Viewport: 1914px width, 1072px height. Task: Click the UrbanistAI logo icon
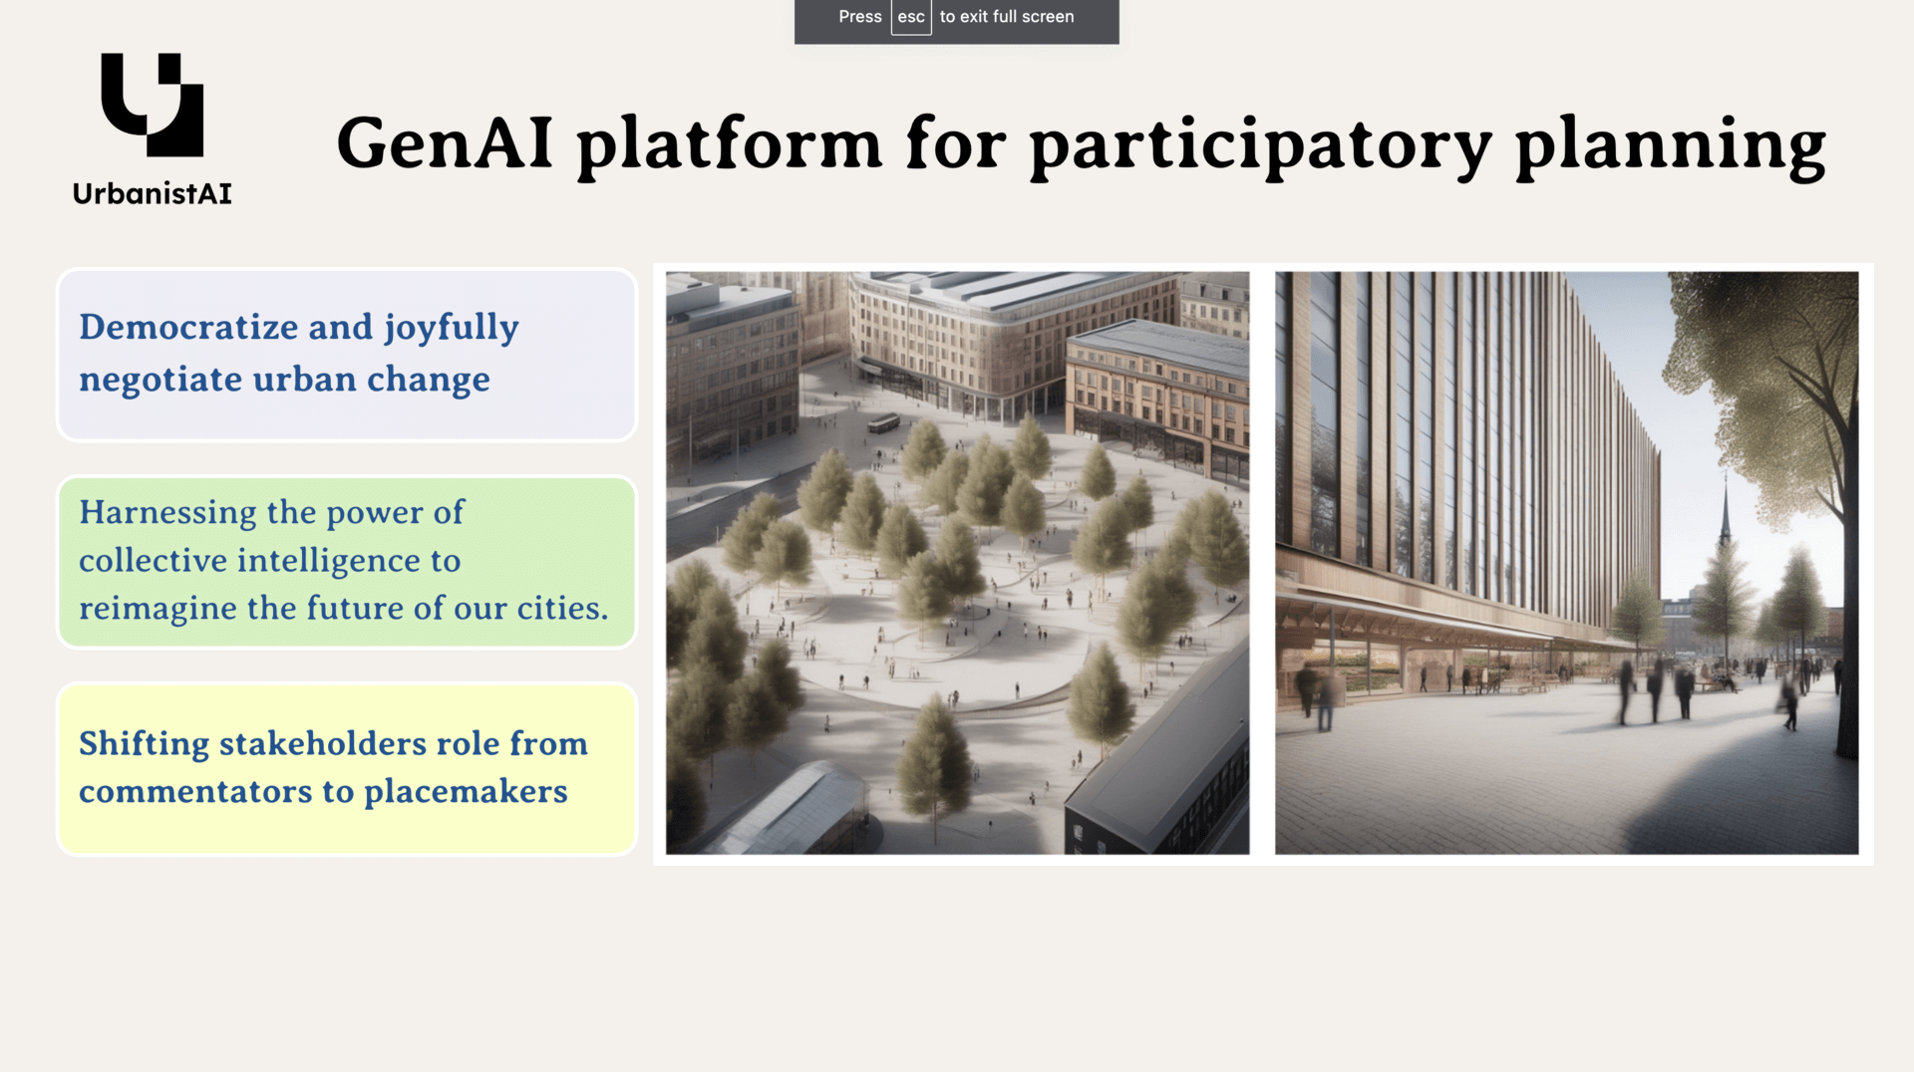pos(152,105)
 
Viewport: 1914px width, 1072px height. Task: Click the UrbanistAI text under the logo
pos(153,193)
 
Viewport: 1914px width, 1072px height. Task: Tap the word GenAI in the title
pos(445,142)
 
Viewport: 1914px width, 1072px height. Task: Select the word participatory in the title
pos(1260,147)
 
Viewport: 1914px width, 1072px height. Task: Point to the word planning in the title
pos(1671,147)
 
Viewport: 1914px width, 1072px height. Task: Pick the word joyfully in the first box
pos(452,329)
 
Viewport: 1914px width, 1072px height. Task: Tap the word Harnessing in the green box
pos(167,513)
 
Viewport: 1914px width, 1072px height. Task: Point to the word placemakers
pos(466,791)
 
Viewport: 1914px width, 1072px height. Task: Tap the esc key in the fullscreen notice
pos(911,17)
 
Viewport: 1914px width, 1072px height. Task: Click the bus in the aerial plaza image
pos(883,423)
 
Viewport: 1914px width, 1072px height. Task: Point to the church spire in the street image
pos(1727,513)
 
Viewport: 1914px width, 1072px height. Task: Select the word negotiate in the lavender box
pos(160,380)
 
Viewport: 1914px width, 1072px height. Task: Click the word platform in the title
pos(730,146)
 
